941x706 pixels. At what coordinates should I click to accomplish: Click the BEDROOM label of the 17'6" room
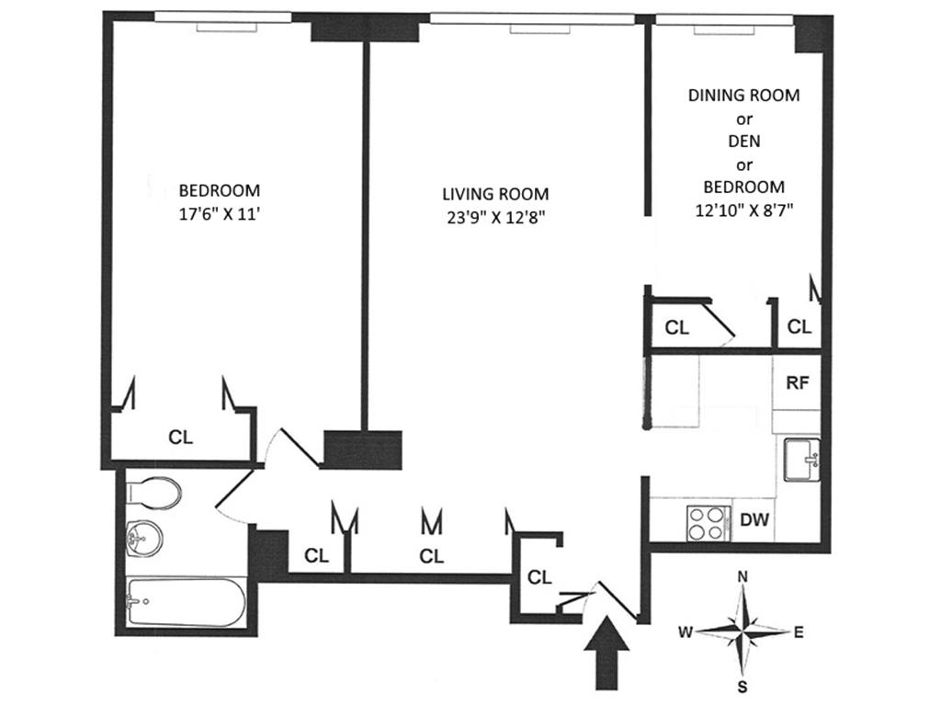pyautogui.click(x=219, y=190)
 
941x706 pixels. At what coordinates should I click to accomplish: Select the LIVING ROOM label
pyautogui.click(x=495, y=194)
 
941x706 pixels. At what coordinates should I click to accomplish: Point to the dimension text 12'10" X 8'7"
pyautogui.click(x=744, y=209)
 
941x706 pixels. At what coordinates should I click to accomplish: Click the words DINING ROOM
pyautogui.click(x=744, y=95)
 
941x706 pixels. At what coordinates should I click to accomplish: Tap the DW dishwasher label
pyautogui.click(x=754, y=519)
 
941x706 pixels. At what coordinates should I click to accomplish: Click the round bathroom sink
pyautogui.click(x=143, y=535)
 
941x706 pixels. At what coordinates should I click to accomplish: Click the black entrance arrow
pyautogui.click(x=607, y=653)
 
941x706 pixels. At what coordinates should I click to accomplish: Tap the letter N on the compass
pyautogui.click(x=743, y=577)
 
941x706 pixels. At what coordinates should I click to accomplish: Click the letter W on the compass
pyautogui.click(x=686, y=632)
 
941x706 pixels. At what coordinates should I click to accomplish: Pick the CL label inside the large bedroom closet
pyautogui.click(x=181, y=437)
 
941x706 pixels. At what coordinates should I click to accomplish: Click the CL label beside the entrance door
pyautogui.click(x=539, y=577)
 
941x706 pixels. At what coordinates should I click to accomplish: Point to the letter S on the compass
pyautogui.click(x=743, y=686)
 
